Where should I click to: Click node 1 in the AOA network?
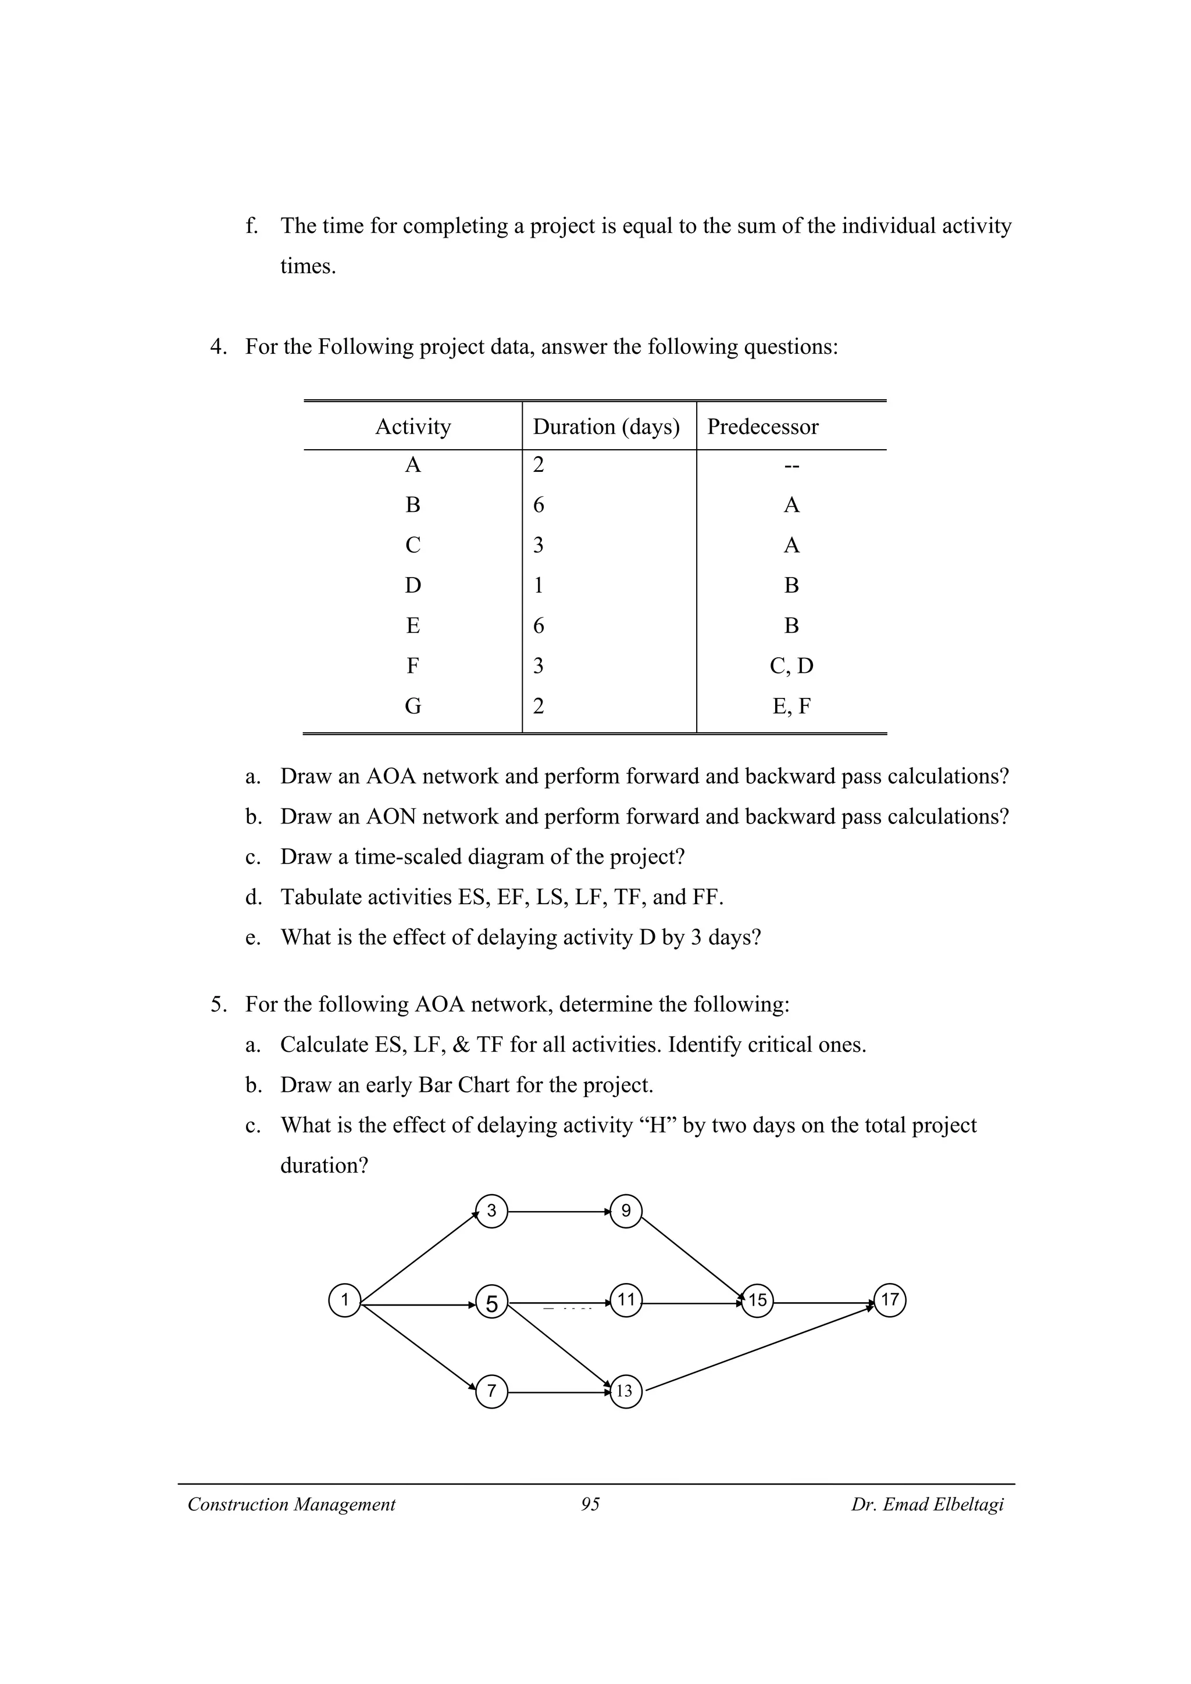(344, 1300)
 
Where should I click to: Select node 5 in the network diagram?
(491, 1303)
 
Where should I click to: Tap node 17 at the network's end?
(889, 1300)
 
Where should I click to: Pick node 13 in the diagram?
(625, 1391)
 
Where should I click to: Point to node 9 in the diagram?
(626, 1211)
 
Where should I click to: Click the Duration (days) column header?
(606, 427)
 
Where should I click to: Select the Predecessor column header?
(762, 427)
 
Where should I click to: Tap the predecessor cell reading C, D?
(791, 666)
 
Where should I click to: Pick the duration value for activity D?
(539, 585)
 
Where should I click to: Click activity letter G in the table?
(413, 706)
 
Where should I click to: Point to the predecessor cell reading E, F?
(791, 706)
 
